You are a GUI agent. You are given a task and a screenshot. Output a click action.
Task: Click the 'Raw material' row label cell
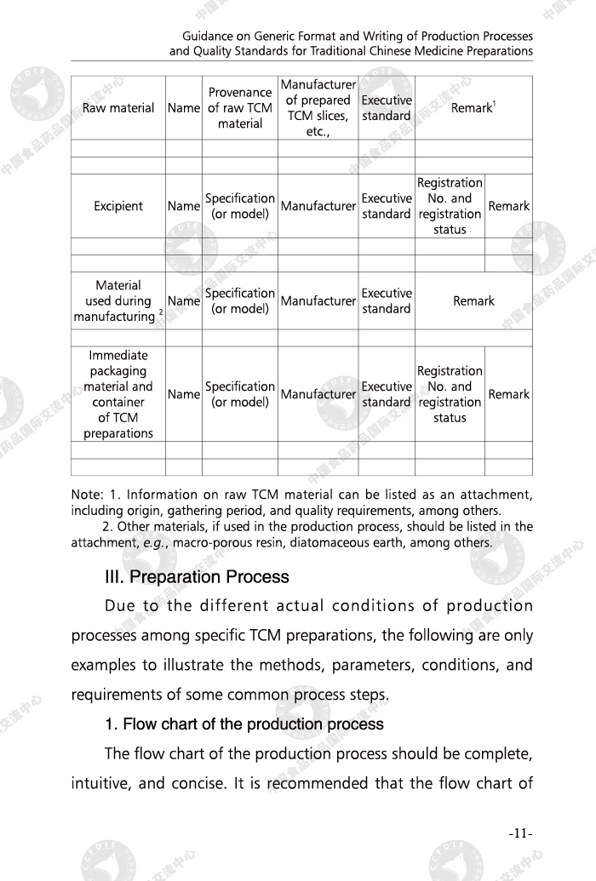(118, 108)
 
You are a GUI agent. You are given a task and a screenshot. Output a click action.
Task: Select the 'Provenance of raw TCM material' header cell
(240, 108)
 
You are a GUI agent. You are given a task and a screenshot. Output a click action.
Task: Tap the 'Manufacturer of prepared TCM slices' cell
(318, 108)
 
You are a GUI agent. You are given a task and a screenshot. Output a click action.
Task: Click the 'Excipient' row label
(118, 206)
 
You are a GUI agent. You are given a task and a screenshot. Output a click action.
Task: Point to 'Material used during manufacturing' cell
(118, 300)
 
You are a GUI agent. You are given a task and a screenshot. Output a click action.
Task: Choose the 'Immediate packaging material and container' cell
(118, 394)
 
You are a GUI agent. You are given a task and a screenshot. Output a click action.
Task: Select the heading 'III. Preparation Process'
(197, 577)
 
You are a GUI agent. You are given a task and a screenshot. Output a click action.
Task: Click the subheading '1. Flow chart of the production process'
(244, 725)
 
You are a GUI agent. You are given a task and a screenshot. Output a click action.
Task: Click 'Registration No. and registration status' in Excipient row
(450, 206)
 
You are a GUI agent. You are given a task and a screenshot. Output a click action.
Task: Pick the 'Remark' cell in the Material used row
(473, 300)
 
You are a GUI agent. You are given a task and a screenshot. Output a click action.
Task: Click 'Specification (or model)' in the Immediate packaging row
(240, 394)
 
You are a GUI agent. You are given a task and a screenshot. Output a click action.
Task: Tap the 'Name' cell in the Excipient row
(184, 206)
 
